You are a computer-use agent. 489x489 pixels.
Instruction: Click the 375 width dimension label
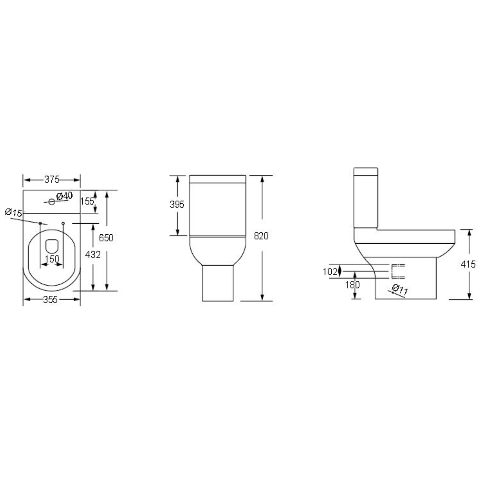[52, 179]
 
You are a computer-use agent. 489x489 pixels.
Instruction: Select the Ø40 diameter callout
[64, 196]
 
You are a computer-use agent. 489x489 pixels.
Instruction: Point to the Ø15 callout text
[13, 212]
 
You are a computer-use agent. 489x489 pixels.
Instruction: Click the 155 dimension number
[87, 201]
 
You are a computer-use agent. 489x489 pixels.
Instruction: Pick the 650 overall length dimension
[106, 238]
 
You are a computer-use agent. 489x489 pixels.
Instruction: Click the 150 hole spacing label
[52, 259]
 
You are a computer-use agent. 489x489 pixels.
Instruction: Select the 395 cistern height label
[177, 205]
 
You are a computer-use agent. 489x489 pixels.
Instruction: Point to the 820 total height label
[261, 236]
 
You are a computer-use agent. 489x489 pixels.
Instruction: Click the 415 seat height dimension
[468, 264]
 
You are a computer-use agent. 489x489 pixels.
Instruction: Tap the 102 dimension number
[330, 271]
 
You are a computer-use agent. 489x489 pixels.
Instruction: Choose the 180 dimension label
[353, 285]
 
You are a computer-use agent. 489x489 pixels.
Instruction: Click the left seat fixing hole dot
[40, 223]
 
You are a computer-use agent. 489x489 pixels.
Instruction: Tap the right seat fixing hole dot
[63, 223]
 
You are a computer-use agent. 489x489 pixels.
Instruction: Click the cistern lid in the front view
[218, 178]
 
